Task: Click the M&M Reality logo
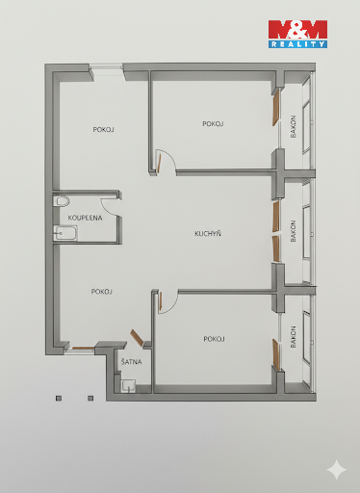tap(297, 34)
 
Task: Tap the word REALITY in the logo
tap(297, 44)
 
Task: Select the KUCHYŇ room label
tap(208, 233)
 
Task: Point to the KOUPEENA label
tap(85, 218)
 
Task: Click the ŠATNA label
tap(131, 362)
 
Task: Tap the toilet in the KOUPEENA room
tap(62, 201)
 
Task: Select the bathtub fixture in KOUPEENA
tap(65, 233)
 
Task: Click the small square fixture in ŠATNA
tap(128, 386)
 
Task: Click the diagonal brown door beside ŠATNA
tap(137, 338)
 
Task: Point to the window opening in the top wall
tap(107, 67)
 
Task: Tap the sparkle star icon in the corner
tap(337, 469)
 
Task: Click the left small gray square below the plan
tap(59, 399)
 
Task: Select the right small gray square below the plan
tap(90, 399)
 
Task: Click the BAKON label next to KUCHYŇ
tap(293, 231)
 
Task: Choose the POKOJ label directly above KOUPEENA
tap(103, 130)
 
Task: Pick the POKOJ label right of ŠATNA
tap(214, 339)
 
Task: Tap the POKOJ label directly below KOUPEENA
tap(102, 292)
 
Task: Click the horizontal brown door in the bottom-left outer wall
tap(83, 348)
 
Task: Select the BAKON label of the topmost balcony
tap(293, 126)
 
